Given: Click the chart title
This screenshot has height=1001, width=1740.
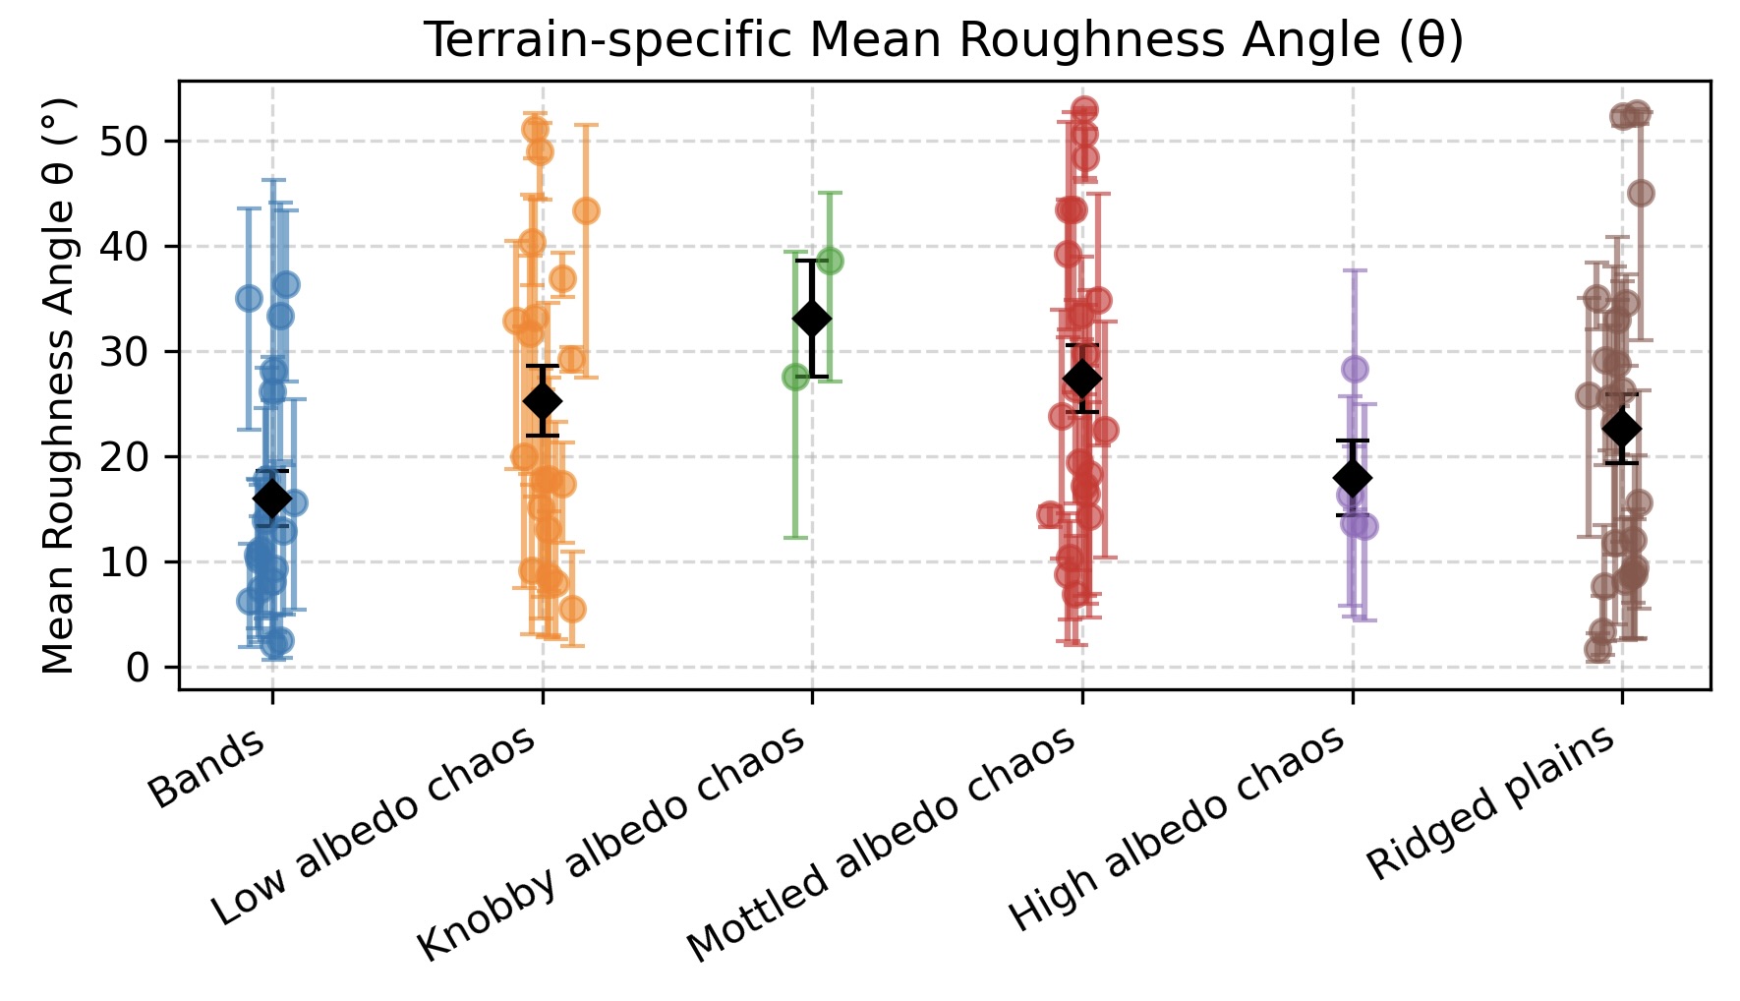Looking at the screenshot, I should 943,39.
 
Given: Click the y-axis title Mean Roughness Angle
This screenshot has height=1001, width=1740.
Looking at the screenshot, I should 60,385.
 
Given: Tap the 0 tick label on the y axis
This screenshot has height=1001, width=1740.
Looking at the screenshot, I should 137,668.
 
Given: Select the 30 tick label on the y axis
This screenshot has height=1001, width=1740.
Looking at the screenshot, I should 123,352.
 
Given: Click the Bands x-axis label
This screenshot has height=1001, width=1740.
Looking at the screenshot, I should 207,768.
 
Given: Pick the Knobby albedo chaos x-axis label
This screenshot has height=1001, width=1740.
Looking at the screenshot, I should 611,845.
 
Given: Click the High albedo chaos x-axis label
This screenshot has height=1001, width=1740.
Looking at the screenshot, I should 1177,829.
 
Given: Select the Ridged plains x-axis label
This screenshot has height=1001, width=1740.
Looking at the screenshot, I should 1490,802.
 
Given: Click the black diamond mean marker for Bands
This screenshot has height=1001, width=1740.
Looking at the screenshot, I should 271,499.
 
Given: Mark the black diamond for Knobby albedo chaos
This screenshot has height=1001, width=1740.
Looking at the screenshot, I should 812,319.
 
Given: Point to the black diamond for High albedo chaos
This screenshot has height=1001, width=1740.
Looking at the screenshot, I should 1353,478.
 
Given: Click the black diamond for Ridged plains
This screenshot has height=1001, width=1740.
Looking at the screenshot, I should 1622,429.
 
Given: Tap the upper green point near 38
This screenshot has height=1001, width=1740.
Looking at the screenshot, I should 830,262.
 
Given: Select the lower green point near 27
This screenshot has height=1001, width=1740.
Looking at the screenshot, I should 795,377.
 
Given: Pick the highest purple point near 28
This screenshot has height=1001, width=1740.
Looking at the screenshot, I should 1355,369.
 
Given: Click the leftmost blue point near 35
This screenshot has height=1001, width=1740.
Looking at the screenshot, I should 249,298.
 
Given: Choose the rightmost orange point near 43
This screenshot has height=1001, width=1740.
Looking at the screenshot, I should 586,210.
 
